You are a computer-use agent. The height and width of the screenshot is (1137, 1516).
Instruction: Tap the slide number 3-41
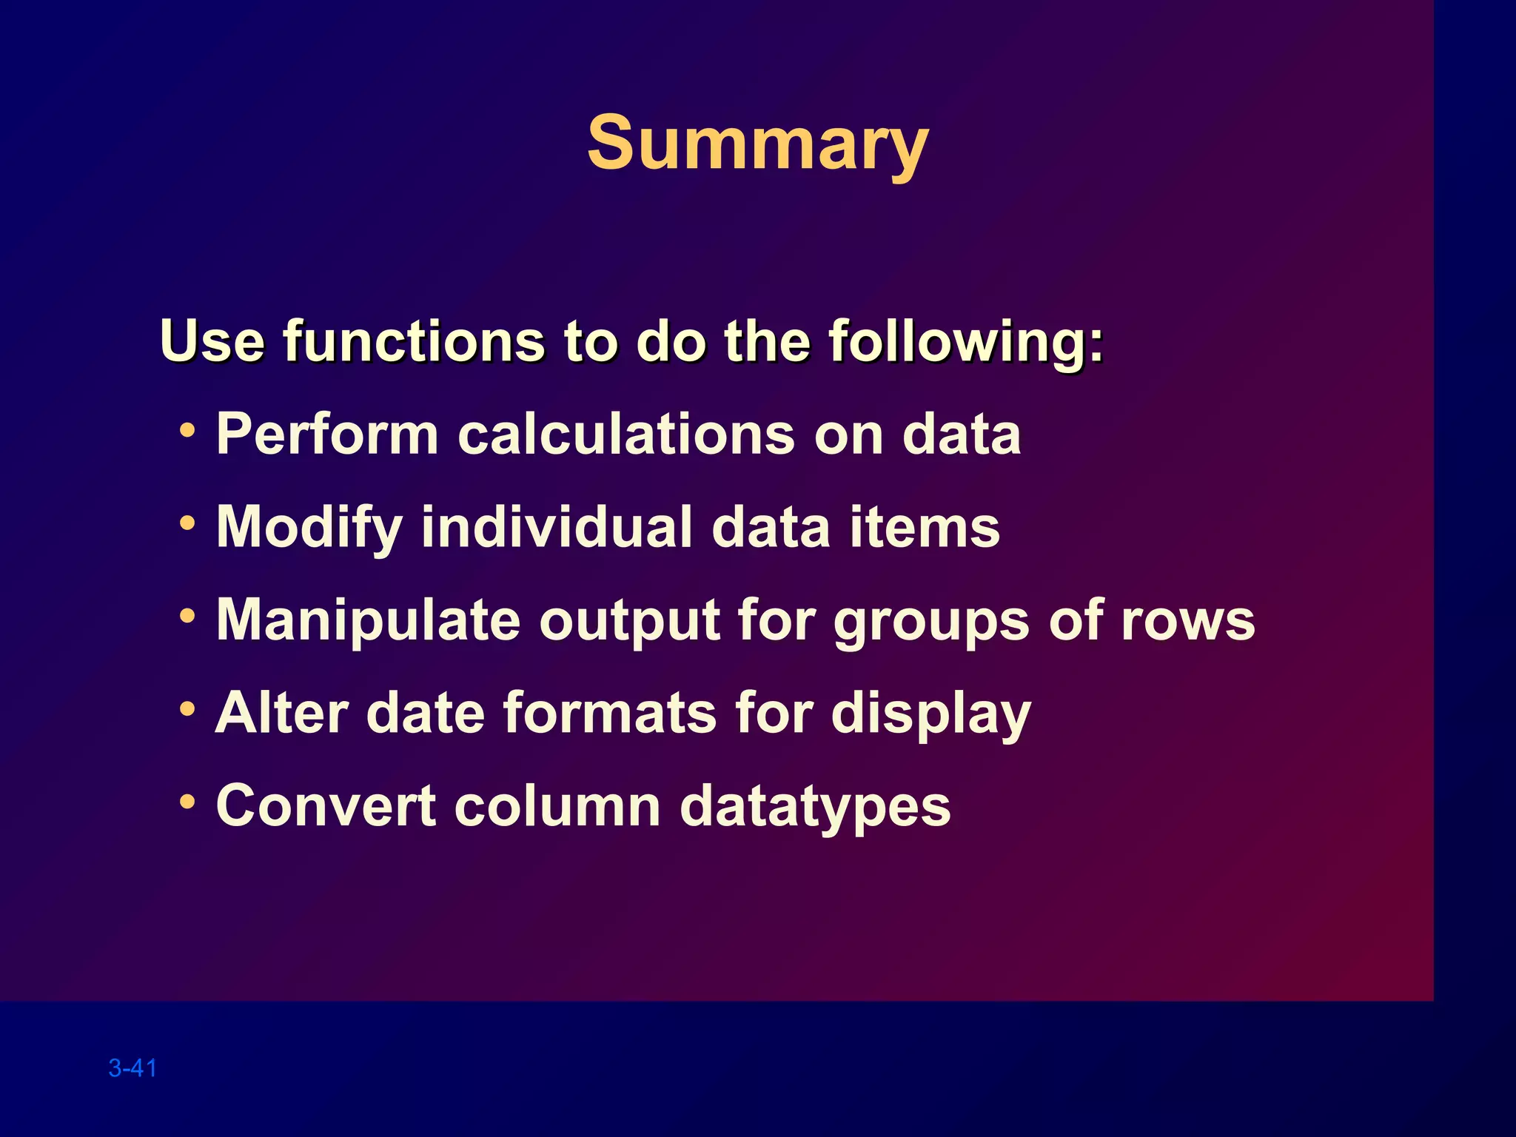click(x=133, y=1068)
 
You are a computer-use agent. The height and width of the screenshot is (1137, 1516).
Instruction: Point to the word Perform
click(x=327, y=435)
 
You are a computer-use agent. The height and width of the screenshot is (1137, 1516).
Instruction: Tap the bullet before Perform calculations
click(x=188, y=430)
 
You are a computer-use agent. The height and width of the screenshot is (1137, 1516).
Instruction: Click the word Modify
click(x=309, y=527)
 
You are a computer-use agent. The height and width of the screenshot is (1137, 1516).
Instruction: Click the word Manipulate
click(x=368, y=620)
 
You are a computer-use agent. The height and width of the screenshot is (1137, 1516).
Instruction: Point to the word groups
click(x=930, y=620)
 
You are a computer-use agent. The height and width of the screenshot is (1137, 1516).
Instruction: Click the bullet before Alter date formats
click(x=188, y=709)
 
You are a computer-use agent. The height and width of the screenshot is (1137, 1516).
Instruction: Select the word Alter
click(x=281, y=713)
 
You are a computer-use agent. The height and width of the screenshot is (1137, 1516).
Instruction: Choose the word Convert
click(x=326, y=806)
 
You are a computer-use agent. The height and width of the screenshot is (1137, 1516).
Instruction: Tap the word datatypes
click(x=814, y=806)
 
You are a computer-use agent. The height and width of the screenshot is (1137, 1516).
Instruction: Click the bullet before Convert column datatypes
click(x=188, y=802)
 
